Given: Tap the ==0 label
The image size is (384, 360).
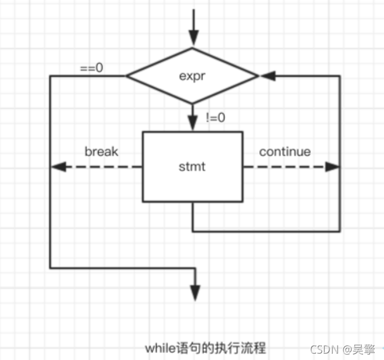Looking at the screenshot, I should (91, 67).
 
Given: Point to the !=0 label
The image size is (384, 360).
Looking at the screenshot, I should (215, 117).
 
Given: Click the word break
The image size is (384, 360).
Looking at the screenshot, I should (102, 152).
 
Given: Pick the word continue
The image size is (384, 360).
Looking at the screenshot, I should (285, 152).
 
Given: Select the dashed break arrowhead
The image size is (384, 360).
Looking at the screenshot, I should (57, 167).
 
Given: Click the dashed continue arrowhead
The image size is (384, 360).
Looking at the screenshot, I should (332, 167).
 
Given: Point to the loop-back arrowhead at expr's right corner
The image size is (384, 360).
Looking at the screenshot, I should (266, 76).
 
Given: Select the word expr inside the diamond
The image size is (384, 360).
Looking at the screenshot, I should (192, 75).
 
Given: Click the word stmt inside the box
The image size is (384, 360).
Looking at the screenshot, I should (192, 167).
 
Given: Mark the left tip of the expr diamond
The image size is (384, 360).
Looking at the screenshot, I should (128, 76).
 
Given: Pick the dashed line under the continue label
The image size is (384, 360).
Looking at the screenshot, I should (284, 167).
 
